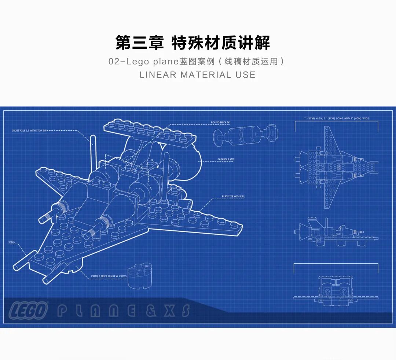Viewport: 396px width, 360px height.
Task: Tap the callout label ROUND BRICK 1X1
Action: point(220,122)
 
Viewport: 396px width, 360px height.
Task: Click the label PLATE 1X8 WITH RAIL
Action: point(234,197)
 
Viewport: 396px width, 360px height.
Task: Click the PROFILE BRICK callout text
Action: point(109,277)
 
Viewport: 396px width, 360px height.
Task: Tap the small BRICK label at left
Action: point(11,242)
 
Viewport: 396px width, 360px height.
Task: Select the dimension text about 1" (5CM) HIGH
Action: point(336,119)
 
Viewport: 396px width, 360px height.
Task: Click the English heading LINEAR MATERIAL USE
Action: point(197,75)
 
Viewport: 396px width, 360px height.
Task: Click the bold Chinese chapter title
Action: point(193,43)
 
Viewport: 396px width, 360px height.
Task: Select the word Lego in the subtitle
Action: point(137,62)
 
